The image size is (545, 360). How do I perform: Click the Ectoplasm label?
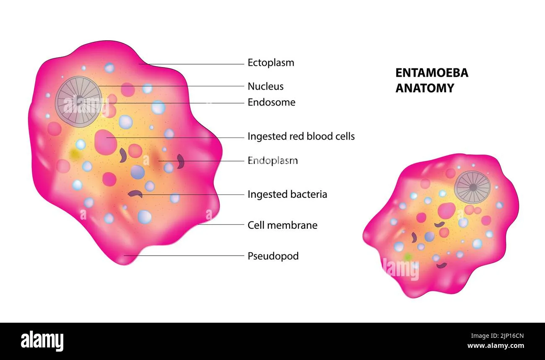tap(271, 63)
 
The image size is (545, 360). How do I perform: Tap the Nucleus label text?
tap(265, 86)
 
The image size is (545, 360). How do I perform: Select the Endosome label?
tap(271, 102)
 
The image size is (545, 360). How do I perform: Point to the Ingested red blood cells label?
tap(301, 137)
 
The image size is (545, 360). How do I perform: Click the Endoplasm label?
tap(272, 161)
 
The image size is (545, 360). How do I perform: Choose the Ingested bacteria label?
tap(287, 194)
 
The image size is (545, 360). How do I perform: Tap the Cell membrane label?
tap(283, 225)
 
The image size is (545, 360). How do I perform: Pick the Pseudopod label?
tap(273, 256)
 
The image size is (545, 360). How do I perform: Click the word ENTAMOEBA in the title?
tap(432, 73)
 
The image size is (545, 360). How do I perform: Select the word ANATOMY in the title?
tap(425, 88)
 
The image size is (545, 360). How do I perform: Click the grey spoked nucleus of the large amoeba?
tap(78, 102)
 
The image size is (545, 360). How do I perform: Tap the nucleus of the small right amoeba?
tap(472, 187)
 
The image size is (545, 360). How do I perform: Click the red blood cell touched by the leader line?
tap(105, 142)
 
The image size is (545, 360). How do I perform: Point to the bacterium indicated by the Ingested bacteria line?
tap(135, 194)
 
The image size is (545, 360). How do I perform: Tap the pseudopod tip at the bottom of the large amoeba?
tap(124, 263)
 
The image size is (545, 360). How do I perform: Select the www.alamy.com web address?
tap(496, 346)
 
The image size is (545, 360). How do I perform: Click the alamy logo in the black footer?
tap(42, 341)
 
